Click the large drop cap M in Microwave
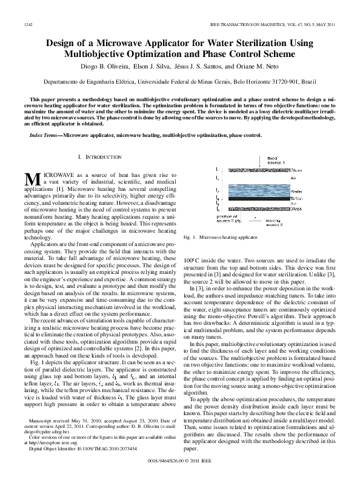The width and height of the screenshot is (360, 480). [x=32, y=180]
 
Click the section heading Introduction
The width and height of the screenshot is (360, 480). [x=99, y=158]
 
